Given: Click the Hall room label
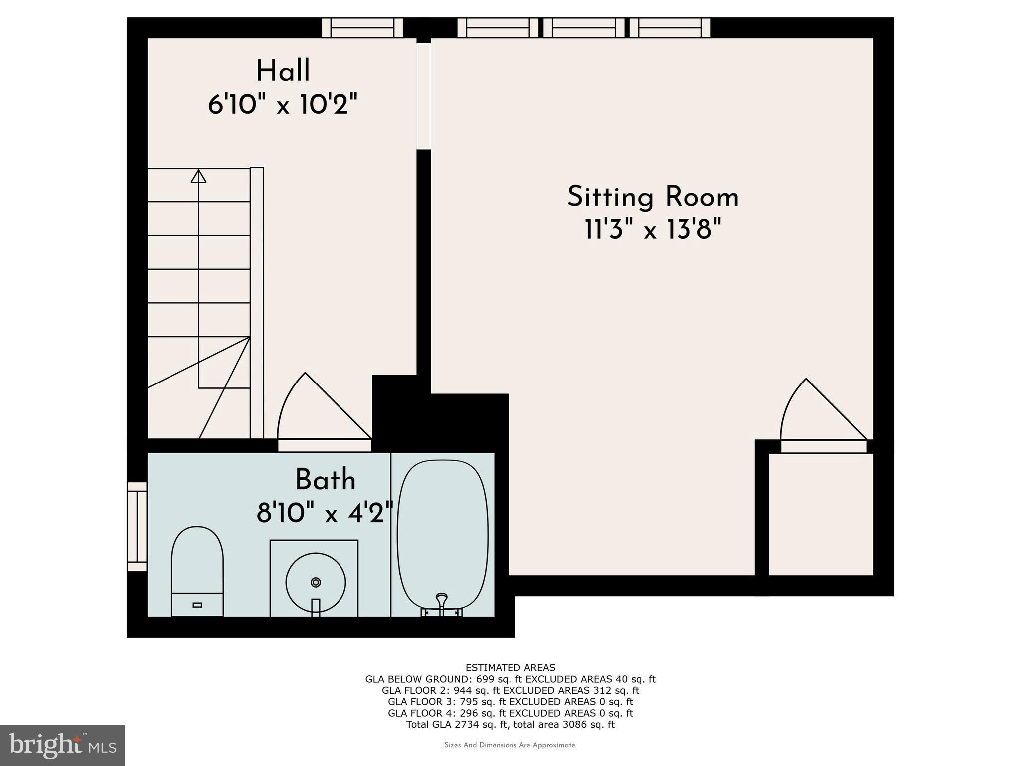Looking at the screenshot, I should coord(283,71).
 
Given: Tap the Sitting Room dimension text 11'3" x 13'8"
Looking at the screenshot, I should coord(653,230).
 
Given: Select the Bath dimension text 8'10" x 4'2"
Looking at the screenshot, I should coord(325,513).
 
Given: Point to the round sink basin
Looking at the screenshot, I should coord(316,582).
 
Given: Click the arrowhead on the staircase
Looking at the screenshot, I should coord(199,176).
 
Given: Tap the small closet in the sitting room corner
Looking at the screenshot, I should coord(821,514).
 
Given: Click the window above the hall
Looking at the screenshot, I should coord(362,27).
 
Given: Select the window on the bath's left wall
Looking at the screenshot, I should coord(137,526).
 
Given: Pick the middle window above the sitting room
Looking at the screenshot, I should coord(584,27).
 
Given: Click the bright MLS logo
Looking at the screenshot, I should coord(62,746).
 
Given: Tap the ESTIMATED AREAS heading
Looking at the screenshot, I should coord(510,668).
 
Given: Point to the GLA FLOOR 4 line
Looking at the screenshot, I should coord(510,713).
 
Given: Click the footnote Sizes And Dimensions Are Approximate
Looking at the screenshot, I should coord(510,745).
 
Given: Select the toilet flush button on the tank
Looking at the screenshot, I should coord(197,605).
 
